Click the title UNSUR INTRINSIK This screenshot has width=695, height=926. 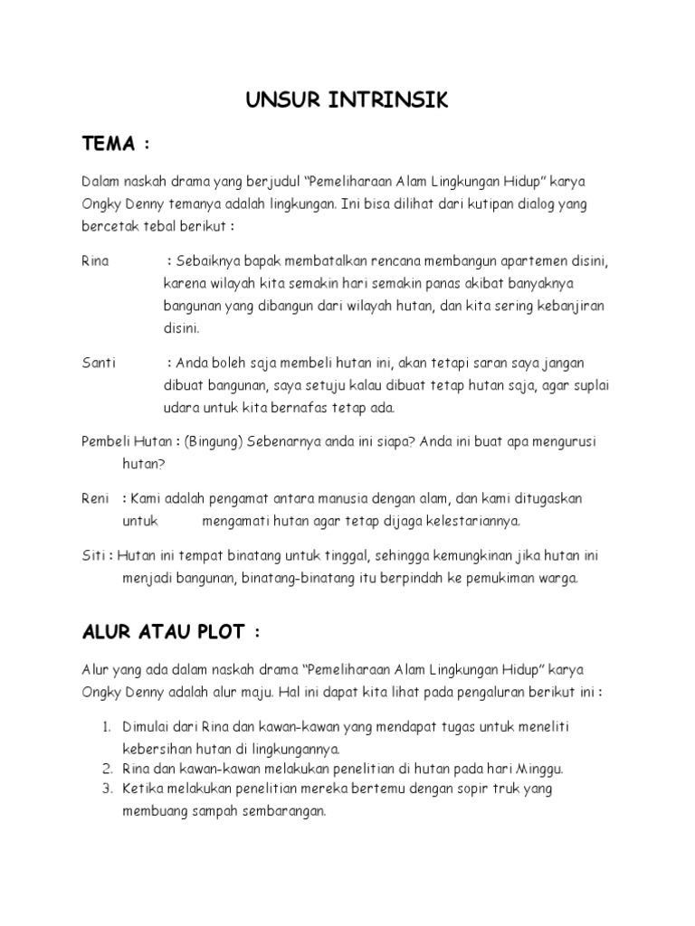click(347, 100)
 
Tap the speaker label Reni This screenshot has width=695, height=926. click(95, 499)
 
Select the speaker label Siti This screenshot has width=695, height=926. click(93, 556)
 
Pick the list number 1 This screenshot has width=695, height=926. click(105, 727)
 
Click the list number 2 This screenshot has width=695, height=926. click(105, 769)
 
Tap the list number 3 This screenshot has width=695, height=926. click(105, 789)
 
